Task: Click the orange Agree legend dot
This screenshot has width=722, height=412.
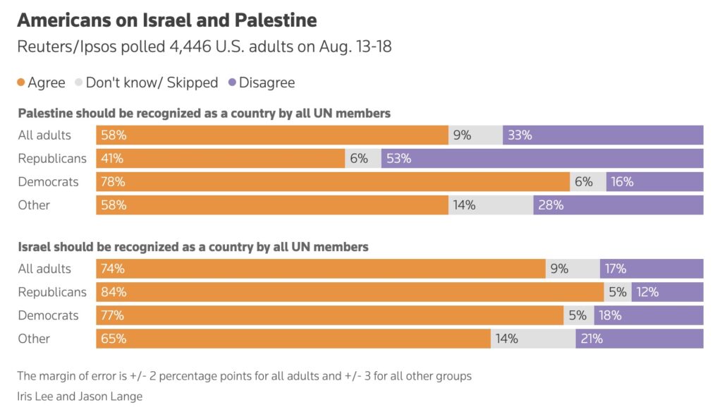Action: coord(21,83)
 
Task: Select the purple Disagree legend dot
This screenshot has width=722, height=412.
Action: coord(232,83)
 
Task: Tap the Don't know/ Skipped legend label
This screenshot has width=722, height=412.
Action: coord(152,83)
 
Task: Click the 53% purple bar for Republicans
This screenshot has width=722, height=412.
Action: coord(542,159)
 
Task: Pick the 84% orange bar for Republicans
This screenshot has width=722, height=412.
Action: coord(350,292)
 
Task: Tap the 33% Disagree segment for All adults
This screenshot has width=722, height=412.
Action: coord(603,135)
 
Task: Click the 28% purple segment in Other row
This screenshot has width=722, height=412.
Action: coord(618,205)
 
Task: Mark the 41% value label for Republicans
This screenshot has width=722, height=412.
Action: coord(113,159)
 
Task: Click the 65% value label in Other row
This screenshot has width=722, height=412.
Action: coord(113,339)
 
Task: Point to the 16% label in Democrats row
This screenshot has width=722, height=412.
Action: coord(623,182)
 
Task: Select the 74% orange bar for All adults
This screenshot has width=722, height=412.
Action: coord(321,269)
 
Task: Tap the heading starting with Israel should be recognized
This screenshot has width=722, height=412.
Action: coord(192,247)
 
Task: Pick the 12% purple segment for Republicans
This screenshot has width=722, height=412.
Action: coord(667,292)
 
